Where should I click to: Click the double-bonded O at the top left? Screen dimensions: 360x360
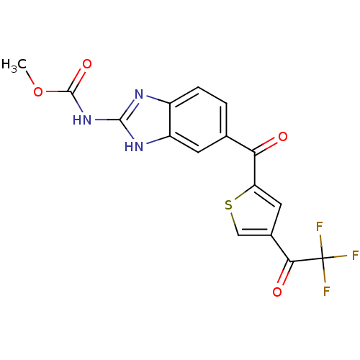click(87, 64)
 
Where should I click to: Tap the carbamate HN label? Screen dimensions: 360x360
click(83, 120)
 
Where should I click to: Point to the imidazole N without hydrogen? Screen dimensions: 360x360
click(139, 93)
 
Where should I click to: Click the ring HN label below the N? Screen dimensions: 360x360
click(133, 147)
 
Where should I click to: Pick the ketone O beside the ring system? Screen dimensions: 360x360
click(282, 136)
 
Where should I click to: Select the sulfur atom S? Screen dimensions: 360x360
click(228, 205)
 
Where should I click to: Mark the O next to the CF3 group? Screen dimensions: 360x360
click(278, 292)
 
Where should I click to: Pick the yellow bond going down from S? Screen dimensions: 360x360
click(232, 217)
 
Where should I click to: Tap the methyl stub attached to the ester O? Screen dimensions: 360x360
click(31, 78)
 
